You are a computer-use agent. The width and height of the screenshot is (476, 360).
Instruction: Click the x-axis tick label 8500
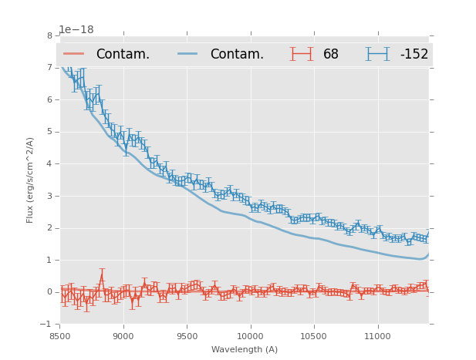59,336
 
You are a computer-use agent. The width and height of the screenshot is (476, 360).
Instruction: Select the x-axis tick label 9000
123,336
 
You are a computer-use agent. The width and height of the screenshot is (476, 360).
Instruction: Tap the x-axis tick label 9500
187,336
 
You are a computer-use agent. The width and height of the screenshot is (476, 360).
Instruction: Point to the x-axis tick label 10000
250,336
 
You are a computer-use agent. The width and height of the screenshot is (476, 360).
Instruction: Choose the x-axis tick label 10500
314,336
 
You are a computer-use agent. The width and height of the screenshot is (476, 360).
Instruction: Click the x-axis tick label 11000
377,336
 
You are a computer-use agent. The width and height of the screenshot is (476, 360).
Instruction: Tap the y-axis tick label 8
49,35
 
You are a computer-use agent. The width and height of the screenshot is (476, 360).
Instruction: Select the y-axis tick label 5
49,132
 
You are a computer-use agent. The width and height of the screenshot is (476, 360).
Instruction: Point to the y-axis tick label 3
49,196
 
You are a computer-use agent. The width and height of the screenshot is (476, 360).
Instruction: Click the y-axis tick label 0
49,292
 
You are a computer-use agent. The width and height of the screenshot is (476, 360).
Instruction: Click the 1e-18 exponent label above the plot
76,30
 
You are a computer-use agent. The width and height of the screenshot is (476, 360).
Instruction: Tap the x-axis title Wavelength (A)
244,349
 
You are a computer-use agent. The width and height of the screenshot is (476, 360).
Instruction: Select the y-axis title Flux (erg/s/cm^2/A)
31,180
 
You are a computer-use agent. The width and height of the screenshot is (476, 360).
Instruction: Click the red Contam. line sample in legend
74,54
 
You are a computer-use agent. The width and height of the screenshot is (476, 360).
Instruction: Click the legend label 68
331,55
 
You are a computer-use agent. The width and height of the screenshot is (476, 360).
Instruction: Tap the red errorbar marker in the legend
302,54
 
